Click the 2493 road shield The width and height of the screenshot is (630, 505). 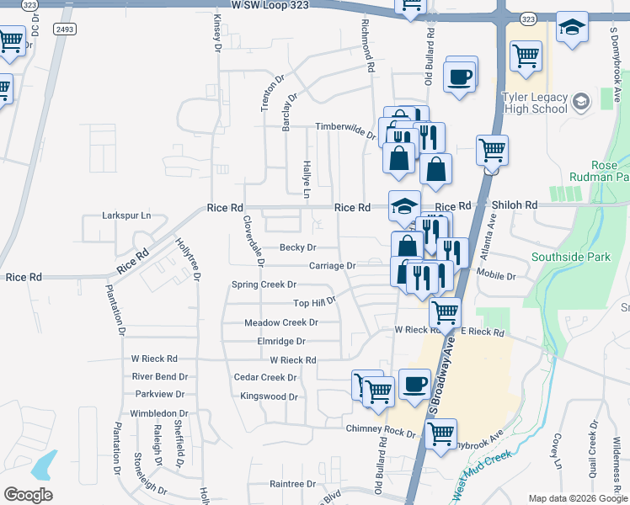64,29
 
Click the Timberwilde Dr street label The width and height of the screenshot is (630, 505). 344,126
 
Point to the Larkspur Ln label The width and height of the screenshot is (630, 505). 125,215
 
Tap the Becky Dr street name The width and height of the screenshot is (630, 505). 297,247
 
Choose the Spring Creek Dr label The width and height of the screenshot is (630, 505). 264,284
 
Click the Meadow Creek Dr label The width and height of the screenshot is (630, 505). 280,322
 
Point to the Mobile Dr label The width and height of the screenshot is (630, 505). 495,275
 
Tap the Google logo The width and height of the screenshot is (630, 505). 28,495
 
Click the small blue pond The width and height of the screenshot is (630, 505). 45,465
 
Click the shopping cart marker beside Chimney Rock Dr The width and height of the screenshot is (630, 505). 440,434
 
